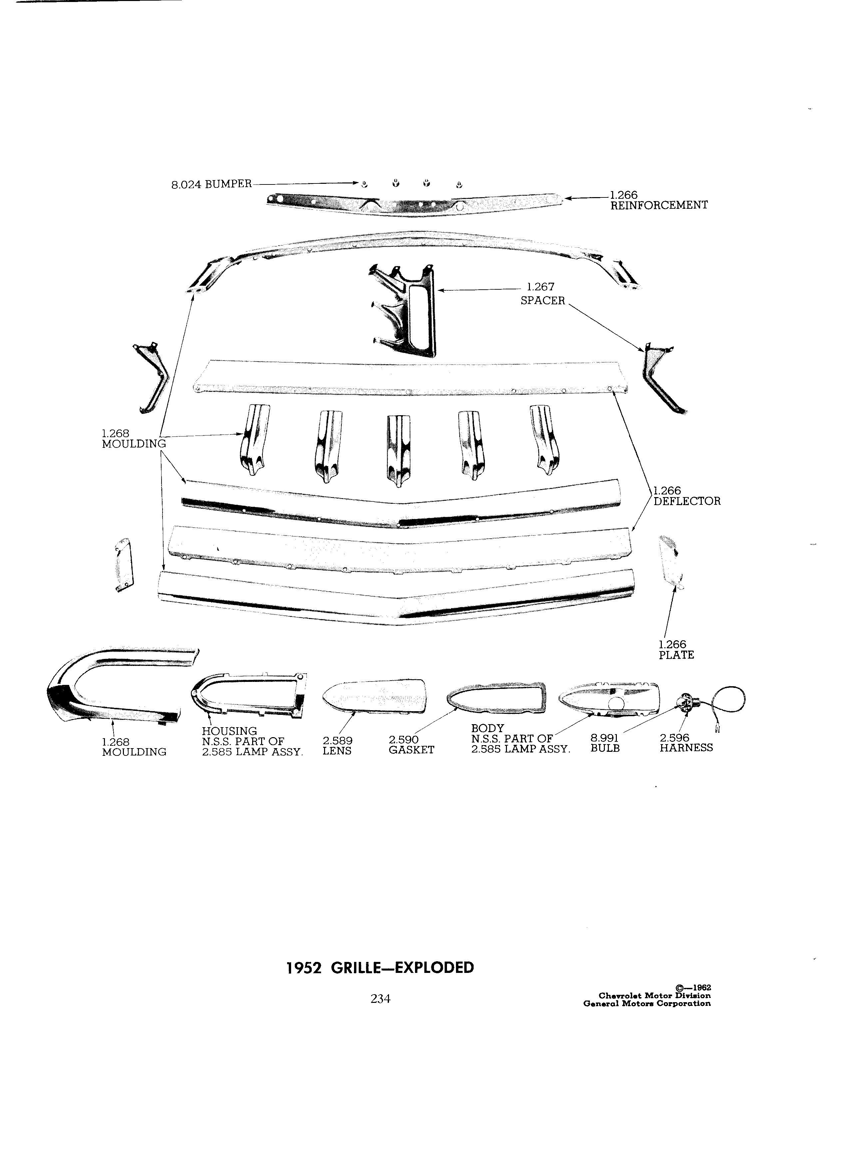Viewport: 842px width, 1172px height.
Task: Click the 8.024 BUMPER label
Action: pos(211,184)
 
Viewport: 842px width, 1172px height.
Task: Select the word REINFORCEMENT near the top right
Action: pos(659,205)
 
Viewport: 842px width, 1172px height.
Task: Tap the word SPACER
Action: pos(543,301)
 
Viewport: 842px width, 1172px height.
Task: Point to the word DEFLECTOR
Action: pos(687,501)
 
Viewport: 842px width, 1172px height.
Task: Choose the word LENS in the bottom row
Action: pos(337,750)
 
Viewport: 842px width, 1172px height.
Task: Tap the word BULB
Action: pos(605,748)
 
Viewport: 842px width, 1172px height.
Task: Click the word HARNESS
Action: pos(686,748)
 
